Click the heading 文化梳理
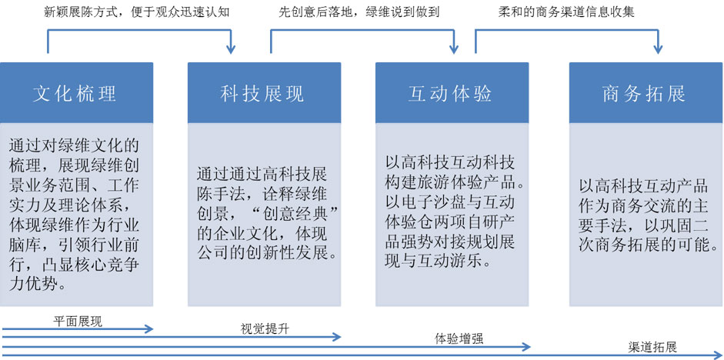[x=75, y=94]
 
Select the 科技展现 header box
[x=264, y=93]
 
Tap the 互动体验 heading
[x=450, y=94]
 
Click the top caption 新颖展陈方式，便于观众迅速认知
[x=136, y=12]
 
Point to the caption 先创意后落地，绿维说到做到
[x=359, y=12]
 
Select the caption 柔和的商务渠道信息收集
[x=566, y=12]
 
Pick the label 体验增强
[x=459, y=338]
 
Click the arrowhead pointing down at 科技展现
[x=232, y=49]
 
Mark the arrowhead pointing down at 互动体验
[x=454, y=49]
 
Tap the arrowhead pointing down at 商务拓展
[x=658, y=49]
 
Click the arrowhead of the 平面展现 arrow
[x=148, y=328]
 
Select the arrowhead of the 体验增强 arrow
[x=526, y=347]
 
